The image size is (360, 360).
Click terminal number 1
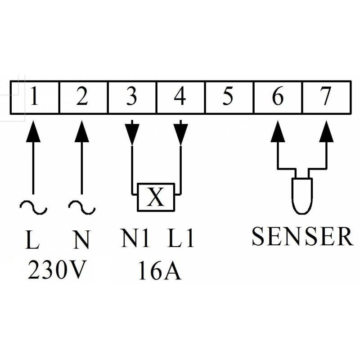coord(35,97)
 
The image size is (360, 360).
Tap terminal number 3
coord(132,97)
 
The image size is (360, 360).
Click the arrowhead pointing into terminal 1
coord(33,131)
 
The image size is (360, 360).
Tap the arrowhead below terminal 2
coord(82,131)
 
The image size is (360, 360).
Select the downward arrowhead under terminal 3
coord(132,134)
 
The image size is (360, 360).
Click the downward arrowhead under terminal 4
coord(181,134)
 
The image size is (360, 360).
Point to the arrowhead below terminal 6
coord(278,131)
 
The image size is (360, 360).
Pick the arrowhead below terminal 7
coord(327,131)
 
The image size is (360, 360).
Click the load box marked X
coord(156,197)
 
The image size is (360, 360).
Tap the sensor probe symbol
coord(302,196)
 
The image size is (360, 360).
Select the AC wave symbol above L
coord(33,207)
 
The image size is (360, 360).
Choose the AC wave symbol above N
coord(82,207)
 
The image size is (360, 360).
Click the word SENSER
coord(302,236)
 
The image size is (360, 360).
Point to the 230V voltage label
coord(58,270)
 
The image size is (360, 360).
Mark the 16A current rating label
coord(160,270)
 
